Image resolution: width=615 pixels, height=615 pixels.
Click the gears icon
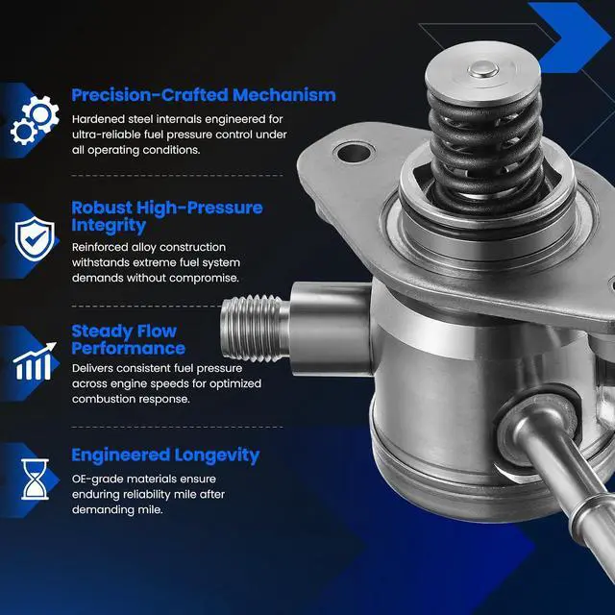[35, 119]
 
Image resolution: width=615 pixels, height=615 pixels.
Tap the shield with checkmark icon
[35, 238]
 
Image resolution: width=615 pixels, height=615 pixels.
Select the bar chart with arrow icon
[35, 361]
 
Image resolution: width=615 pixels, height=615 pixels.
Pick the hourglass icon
[35, 479]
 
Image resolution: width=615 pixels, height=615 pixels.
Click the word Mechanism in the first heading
[284, 95]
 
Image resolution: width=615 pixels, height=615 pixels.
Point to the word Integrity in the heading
[109, 226]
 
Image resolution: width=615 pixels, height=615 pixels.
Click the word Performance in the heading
[128, 348]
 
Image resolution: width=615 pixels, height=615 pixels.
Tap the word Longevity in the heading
[216, 455]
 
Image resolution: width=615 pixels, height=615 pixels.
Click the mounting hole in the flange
[354, 153]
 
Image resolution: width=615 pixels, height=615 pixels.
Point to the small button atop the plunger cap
[483, 70]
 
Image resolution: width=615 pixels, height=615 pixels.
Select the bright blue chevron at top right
[570, 37]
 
